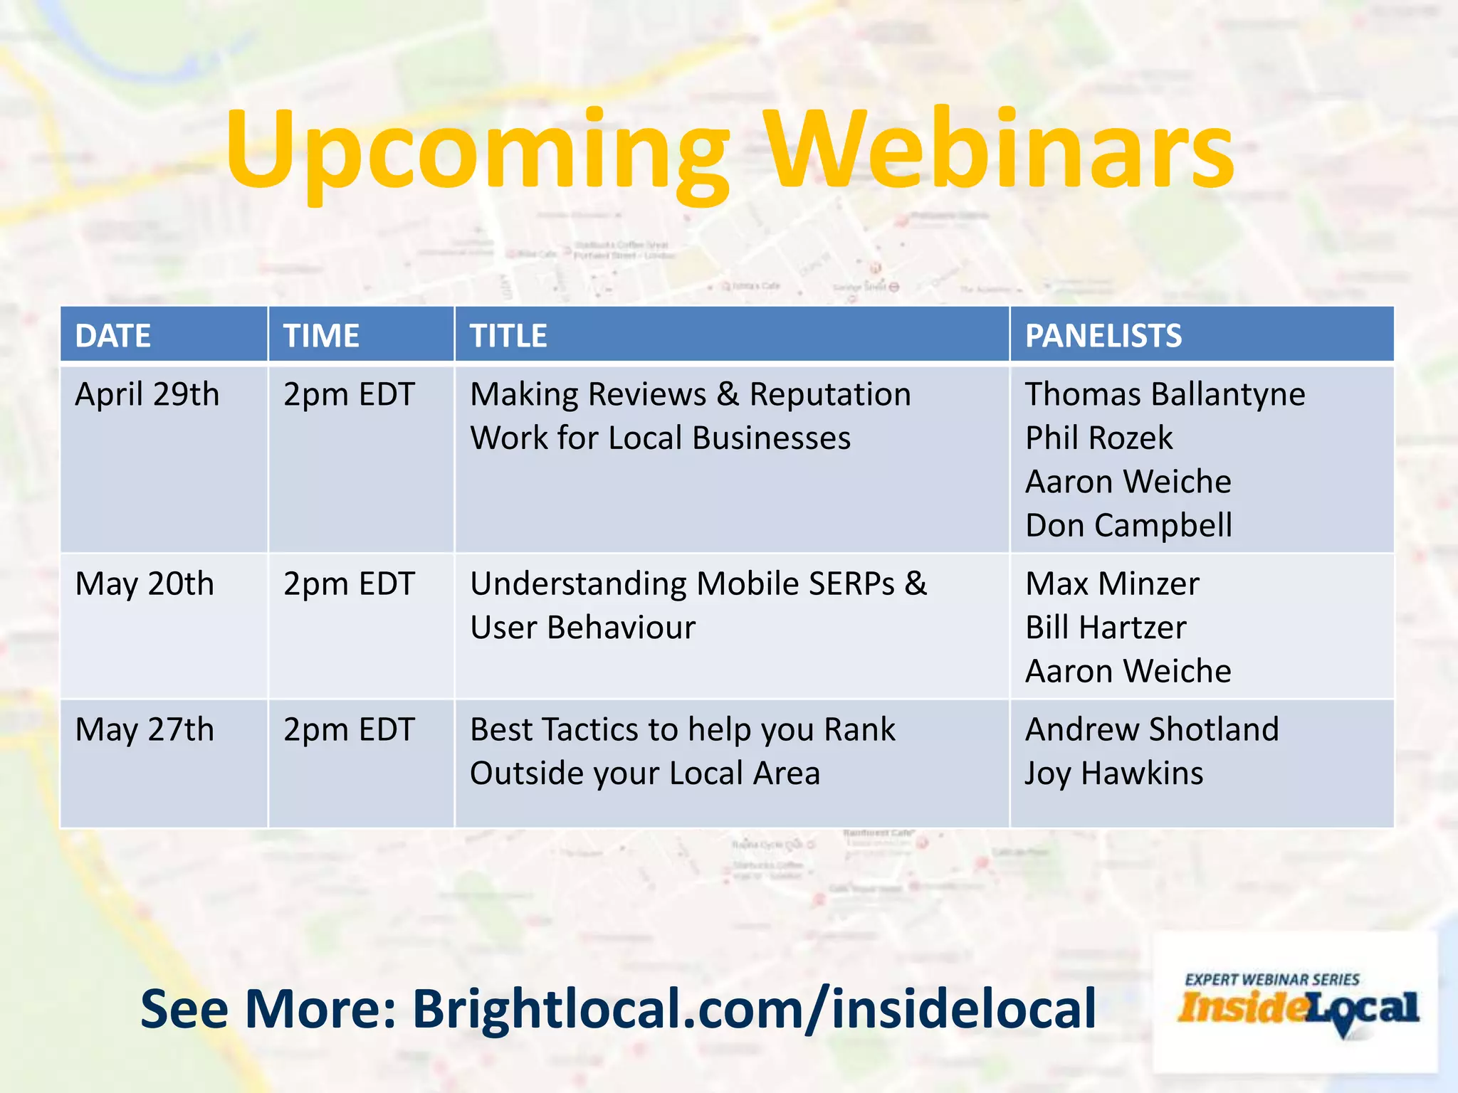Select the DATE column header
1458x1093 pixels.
112,335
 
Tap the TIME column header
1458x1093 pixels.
321,335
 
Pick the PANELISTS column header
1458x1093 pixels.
1103,335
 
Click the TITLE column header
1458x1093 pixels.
508,335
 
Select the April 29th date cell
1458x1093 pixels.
147,394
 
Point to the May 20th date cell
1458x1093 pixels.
145,584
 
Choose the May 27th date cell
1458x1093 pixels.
145,730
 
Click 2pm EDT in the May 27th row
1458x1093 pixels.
349,730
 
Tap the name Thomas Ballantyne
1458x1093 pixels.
1165,394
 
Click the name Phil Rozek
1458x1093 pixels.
1098,438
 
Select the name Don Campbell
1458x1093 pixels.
1128,525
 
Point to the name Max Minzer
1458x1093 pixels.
1112,584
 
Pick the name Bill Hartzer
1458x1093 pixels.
1106,628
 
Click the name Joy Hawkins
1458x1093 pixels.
1113,773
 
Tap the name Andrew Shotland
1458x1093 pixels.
1152,730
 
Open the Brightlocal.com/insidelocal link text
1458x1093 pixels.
754,1008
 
